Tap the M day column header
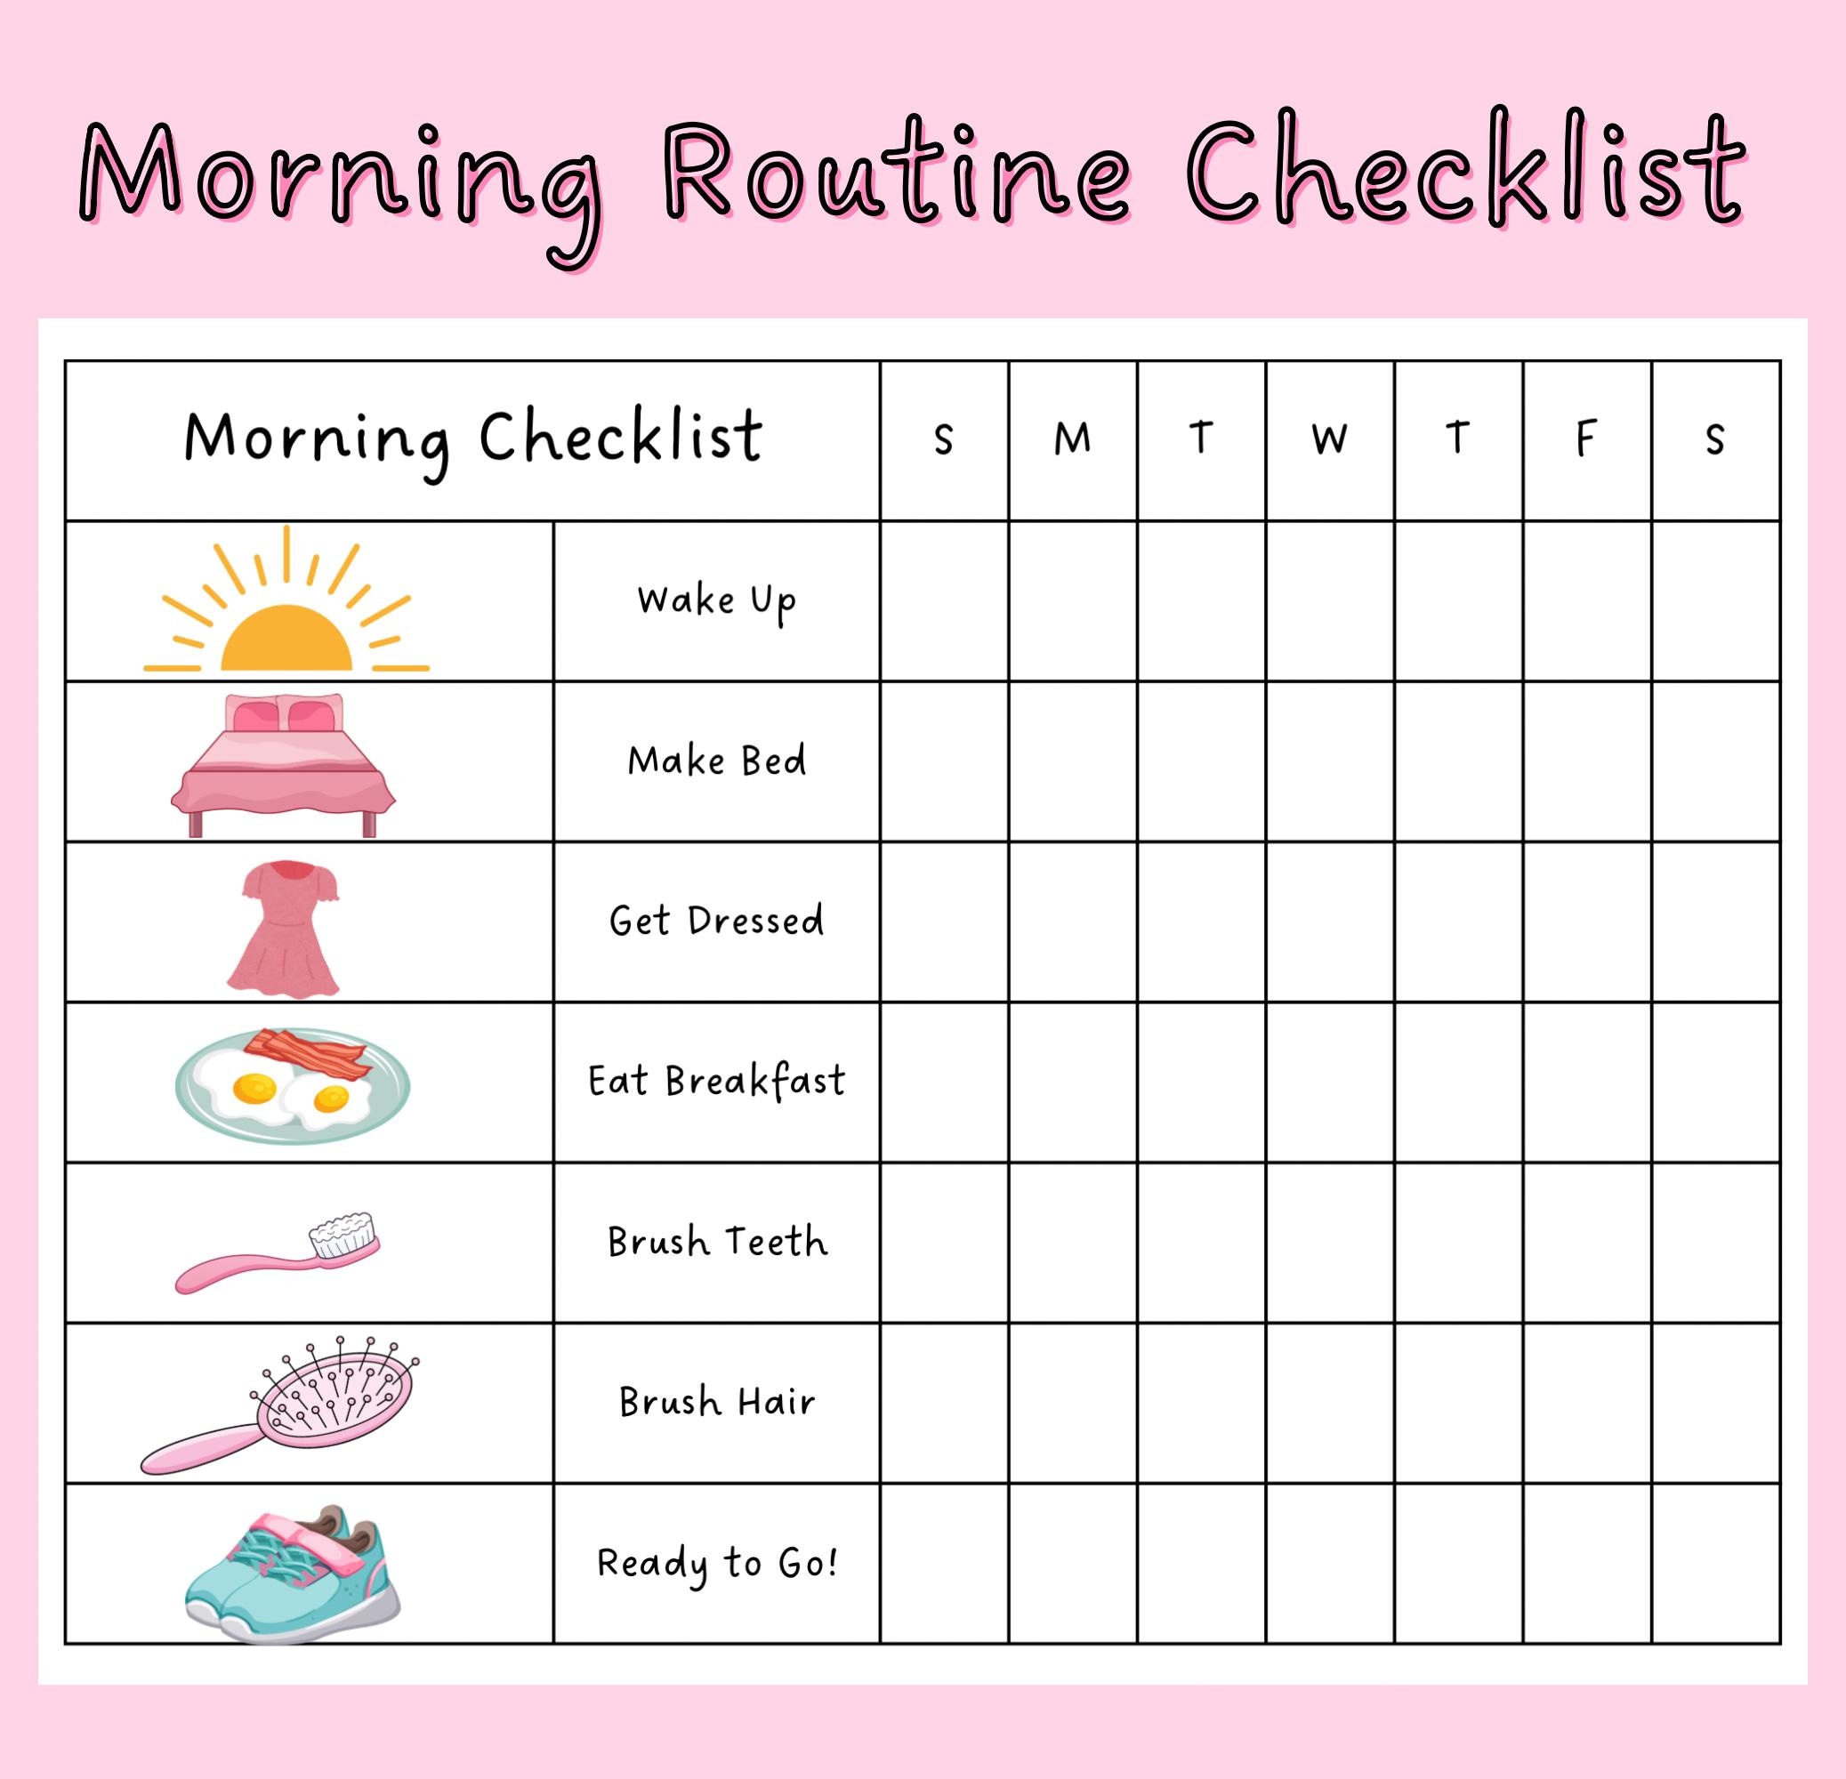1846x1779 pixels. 1072,439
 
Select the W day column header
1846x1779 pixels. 1329,439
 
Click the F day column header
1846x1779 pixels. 1586,439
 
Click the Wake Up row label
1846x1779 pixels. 717,600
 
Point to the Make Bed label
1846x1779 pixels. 717,761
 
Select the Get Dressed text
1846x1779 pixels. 717,921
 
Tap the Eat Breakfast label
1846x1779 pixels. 717,1081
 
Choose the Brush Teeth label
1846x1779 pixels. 717,1241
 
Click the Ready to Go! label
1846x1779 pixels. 717,1564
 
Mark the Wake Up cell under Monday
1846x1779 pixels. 1072,600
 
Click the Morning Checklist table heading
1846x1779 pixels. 472,439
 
